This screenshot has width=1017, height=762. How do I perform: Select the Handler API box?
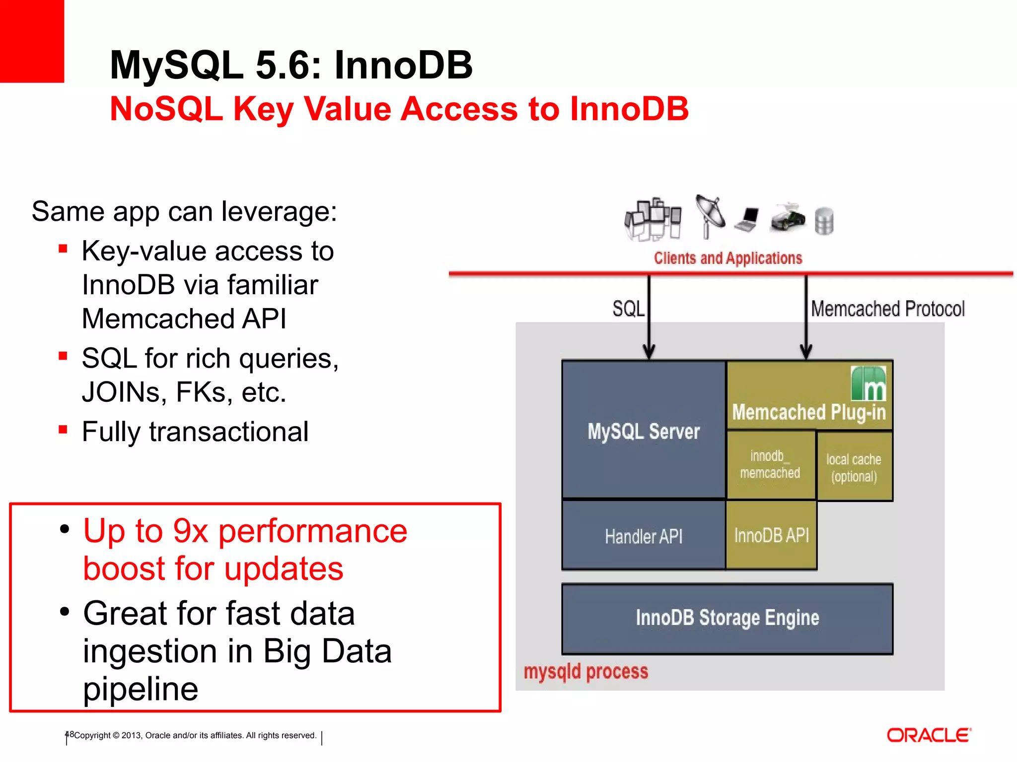pos(644,536)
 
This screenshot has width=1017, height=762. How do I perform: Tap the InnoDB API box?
pos(771,535)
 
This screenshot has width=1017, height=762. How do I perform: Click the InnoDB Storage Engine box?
pos(727,618)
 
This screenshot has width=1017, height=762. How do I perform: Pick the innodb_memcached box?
pos(770,464)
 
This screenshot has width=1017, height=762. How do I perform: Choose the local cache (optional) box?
pos(854,467)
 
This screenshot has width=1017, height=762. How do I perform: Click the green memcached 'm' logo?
pos(868,383)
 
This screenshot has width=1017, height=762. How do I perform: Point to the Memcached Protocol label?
pos(887,309)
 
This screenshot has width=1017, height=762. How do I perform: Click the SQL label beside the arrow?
pos(628,309)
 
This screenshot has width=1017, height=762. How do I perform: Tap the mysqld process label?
pos(586,672)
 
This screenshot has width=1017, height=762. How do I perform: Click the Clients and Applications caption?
pos(727,258)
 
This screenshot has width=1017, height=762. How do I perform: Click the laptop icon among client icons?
pos(747,219)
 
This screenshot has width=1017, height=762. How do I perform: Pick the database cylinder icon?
pos(824,221)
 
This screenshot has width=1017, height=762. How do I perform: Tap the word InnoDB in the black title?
pos(403,65)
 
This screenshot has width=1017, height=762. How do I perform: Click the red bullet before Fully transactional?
pos(63,429)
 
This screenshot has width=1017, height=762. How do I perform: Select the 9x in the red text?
pos(190,531)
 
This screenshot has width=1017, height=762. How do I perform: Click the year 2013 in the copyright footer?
pos(132,735)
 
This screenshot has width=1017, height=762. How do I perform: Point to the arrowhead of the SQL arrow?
pos(649,352)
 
